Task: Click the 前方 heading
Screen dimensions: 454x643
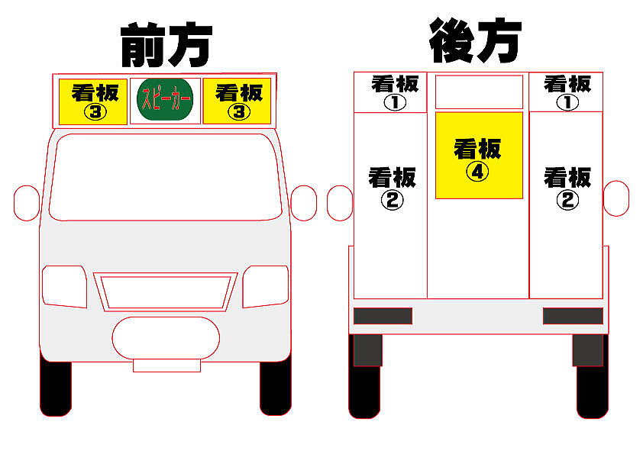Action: pyautogui.click(x=166, y=46)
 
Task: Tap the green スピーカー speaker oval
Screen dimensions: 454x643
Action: pyautogui.click(x=166, y=101)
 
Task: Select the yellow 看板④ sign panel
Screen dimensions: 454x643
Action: pyautogui.click(x=479, y=156)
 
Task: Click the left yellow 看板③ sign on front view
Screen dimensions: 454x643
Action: pyautogui.click(x=94, y=101)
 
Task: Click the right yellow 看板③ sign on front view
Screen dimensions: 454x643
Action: pyautogui.click(x=237, y=101)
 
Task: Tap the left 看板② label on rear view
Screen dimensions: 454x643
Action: pyautogui.click(x=392, y=188)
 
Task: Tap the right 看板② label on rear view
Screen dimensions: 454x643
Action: pyautogui.click(x=567, y=188)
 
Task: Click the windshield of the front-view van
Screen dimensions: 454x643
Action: pyautogui.click(x=165, y=177)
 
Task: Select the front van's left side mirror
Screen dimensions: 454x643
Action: pyautogui.click(x=27, y=203)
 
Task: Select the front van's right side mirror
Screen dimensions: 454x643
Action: pyautogui.click(x=303, y=203)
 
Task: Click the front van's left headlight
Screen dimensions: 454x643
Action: pyautogui.click(x=64, y=286)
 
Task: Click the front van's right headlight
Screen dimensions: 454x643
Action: pyautogui.click(x=266, y=286)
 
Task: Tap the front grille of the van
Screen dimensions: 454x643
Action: pyautogui.click(x=166, y=291)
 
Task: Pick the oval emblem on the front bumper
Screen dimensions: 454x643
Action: pyautogui.click(x=166, y=336)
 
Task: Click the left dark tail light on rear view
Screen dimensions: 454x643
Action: pyautogui.click(x=383, y=316)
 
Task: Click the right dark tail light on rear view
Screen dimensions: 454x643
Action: pyautogui.click(x=573, y=316)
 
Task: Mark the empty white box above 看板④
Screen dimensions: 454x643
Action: pyautogui.click(x=479, y=92)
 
